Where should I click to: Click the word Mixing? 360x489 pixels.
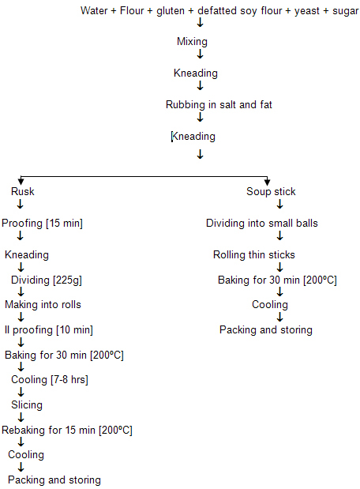192,42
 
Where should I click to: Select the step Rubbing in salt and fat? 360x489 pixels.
219,105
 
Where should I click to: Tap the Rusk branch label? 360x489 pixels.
22,191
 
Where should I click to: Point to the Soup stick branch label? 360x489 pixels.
271,191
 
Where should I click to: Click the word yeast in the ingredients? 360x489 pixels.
307,11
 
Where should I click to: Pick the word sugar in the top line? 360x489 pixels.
345,12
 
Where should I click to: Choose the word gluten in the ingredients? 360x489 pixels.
171,11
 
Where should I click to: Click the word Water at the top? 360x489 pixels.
94,10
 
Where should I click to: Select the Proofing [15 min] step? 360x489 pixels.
42,224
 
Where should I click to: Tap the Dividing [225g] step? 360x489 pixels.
47,280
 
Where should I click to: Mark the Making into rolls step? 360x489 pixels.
43,304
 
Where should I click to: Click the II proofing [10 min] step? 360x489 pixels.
49,330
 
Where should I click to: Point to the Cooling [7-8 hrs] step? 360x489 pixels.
50,380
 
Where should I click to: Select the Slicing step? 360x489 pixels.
27,405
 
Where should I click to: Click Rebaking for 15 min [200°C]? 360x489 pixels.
67,431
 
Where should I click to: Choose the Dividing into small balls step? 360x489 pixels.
262,224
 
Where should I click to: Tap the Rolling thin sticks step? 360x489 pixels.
254,255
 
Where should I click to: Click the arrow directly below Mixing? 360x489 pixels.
200,54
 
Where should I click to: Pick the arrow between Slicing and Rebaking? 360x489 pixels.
21,417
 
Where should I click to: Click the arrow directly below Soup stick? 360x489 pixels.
280,204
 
